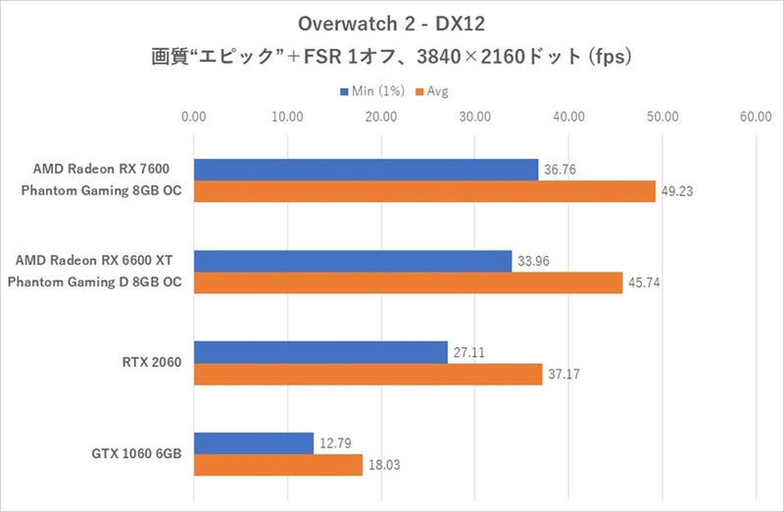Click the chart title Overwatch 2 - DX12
coord(391,22)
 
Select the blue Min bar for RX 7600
coord(367,170)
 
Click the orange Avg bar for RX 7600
coord(424,191)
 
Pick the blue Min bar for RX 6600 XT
coord(353,261)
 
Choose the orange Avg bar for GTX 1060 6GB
coord(278,465)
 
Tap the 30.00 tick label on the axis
coord(475,117)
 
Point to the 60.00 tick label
coord(756,117)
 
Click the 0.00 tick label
coord(194,117)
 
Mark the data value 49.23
coord(677,192)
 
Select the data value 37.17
coord(564,375)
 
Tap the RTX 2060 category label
coord(153,363)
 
